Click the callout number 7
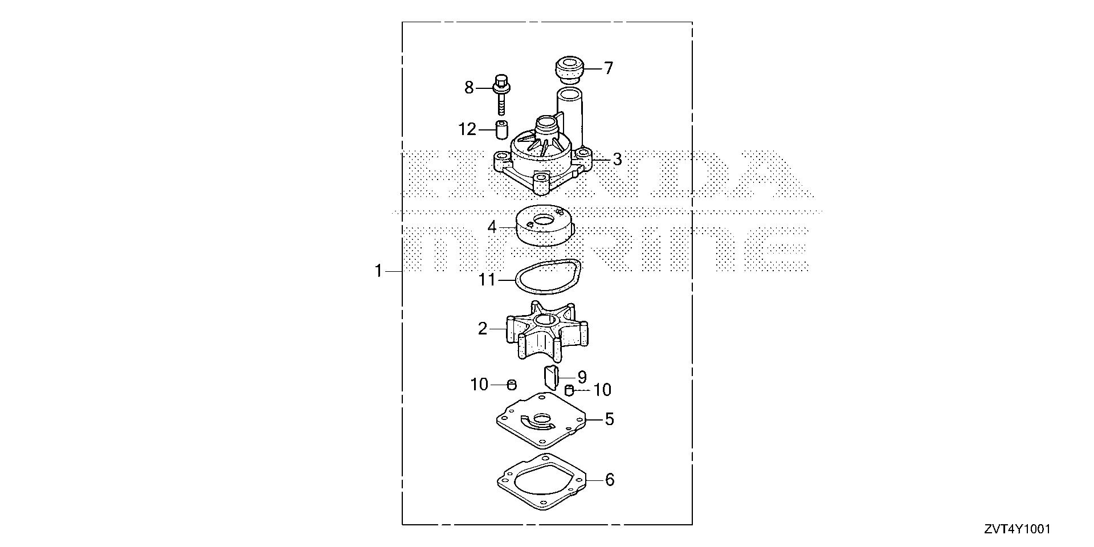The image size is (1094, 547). tap(609, 68)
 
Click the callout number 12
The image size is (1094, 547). tap(467, 129)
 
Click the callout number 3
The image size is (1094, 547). tap(617, 160)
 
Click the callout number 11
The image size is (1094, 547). tap(487, 280)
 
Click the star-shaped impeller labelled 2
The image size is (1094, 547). tap(545, 330)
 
